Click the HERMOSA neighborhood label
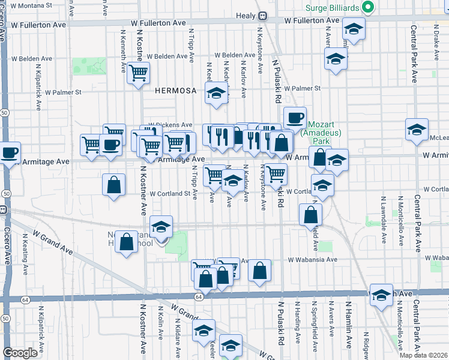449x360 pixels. tap(176, 91)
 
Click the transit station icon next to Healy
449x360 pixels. tap(262, 16)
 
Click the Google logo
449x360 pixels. tap(20, 353)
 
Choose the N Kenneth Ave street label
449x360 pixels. tap(123, 47)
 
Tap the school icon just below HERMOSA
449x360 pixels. tap(216, 93)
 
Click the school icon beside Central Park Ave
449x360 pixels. tap(417, 129)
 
